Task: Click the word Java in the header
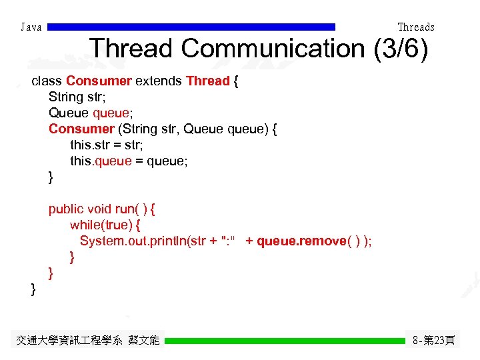pyautogui.click(x=31, y=27)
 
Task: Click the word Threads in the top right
pyautogui.click(x=415, y=27)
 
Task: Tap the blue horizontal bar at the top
pyautogui.click(x=191, y=27)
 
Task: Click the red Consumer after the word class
pyautogui.click(x=99, y=81)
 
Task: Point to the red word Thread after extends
pyautogui.click(x=207, y=81)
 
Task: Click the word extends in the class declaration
pyautogui.click(x=159, y=81)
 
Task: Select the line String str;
pyautogui.click(x=74, y=97)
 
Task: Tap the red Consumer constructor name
pyautogui.click(x=81, y=129)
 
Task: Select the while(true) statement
pyautogui.click(x=101, y=225)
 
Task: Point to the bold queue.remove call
pyautogui.click(x=301, y=241)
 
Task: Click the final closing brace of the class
pyautogui.click(x=33, y=289)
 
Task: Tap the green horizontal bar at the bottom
pyautogui.click(x=285, y=341)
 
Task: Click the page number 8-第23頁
pyautogui.click(x=434, y=341)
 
